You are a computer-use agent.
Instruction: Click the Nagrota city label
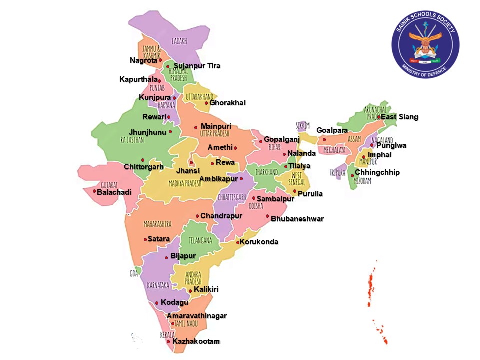pyautogui.click(x=143, y=60)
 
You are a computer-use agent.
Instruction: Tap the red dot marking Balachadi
pyautogui.click(x=94, y=191)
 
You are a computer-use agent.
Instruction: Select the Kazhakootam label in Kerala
pyautogui.click(x=196, y=341)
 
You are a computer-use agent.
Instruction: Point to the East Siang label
pyautogui.click(x=399, y=117)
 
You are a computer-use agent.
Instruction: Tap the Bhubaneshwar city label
pyautogui.click(x=297, y=219)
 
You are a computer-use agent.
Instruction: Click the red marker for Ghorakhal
pyautogui.click(x=206, y=103)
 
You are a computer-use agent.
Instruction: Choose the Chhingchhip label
pyautogui.click(x=377, y=172)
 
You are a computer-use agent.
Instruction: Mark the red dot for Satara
pyautogui.click(x=145, y=239)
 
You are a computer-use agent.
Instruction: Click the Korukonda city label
pyautogui.click(x=259, y=242)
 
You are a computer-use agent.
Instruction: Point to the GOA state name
pyautogui.click(x=134, y=273)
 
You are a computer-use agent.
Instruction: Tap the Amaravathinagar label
pyautogui.click(x=197, y=316)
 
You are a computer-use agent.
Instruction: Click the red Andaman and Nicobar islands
pyautogui.click(x=372, y=285)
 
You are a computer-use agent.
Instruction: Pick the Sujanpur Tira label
pyautogui.click(x=196, y=66)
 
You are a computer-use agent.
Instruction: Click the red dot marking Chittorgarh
pyautogui.click(x=142, y=160)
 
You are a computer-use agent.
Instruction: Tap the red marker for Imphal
pyautogui.click(x=364, y=157)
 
